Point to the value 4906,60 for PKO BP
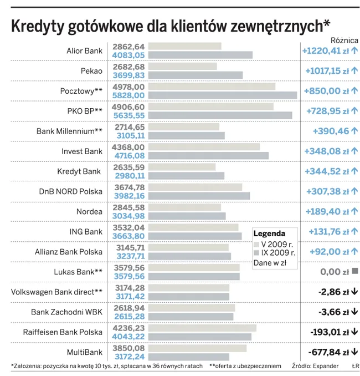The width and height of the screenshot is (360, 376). pyautogui.click(x=128, y=106)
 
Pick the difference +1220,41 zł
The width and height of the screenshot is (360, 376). pyautogui.click(x=325, y=51)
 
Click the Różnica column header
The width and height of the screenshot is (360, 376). pyautogui.click(x=344, y=40)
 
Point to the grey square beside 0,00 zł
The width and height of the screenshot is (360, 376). pyautogui.click(x=354, y=272)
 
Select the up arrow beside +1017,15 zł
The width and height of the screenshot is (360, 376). pyautogui.click(x=354, y=71)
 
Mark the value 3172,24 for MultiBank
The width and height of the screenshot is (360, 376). pyautogui.click(x=128, y=356)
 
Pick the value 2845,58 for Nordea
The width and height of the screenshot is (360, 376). pyautogui.click(x=128, y=207)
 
